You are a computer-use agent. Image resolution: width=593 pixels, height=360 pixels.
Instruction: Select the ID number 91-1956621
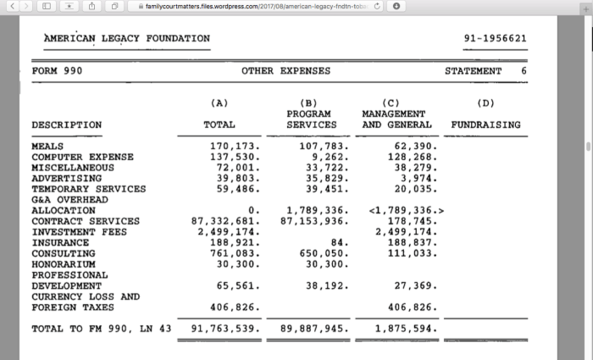(x=496, y=39)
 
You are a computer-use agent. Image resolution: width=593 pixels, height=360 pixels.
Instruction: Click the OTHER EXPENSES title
(x=285, y=71)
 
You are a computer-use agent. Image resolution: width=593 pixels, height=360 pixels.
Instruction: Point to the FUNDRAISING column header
(x=485, y=125)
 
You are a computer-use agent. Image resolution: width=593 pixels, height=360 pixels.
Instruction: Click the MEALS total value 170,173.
(x=233, y=147)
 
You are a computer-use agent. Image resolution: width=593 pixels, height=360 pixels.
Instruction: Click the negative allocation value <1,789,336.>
(x=407, y=211)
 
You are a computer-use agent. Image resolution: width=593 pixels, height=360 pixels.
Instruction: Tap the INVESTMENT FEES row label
(x=79, y=232)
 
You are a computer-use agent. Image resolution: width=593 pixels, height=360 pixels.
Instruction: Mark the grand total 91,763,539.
(x=225, y=328)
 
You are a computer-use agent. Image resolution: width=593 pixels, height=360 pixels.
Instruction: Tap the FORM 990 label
(x=57, y=71)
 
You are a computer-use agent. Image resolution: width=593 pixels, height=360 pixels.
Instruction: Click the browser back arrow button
(x=9, y=7)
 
